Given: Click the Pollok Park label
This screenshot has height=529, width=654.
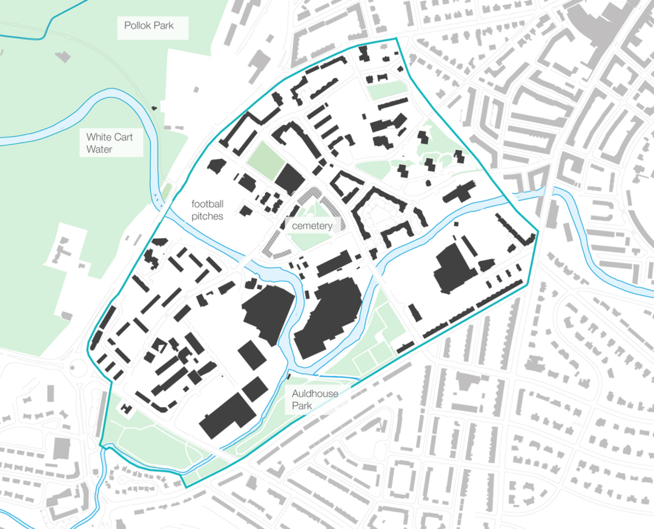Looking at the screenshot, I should pos(148,26).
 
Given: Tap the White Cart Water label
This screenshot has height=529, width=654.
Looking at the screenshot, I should pos(109,143).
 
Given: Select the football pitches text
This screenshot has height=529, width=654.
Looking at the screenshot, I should pos(208,210).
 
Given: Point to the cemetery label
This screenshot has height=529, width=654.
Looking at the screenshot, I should pos(312,226).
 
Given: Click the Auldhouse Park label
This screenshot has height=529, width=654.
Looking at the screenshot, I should pos(315,399).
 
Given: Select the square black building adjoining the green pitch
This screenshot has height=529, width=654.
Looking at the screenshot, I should pos(290,179).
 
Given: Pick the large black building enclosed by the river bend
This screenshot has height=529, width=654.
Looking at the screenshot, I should pos(328,319).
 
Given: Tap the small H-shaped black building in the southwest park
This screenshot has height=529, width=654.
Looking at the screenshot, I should pos(126,409).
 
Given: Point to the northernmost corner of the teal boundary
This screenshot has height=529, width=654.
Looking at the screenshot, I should pos(396,38).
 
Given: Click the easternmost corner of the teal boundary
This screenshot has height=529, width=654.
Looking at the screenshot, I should pos(538,231).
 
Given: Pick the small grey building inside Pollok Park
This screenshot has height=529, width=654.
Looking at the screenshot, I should pos(62,56).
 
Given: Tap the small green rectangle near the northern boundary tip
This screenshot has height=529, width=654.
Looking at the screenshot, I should pos(386,90).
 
